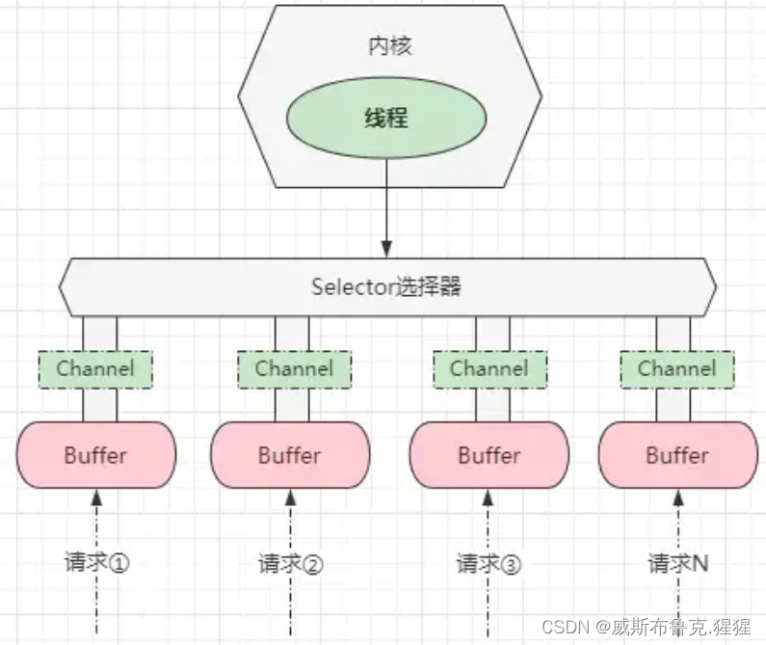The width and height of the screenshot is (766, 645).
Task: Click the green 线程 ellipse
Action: (386, 119)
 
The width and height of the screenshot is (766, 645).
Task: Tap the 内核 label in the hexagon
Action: (389, 46)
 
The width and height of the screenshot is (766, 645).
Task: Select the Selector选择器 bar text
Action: (386, 287)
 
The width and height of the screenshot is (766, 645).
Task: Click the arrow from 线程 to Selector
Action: (386, 207)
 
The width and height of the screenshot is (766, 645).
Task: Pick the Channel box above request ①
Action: (95, 368)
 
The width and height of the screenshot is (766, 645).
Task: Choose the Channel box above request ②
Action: (294, 368)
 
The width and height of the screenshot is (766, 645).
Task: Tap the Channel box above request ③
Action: (489, 368)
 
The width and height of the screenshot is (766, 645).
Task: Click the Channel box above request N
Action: (676, 368)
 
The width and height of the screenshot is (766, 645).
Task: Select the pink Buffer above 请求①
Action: (96, 454)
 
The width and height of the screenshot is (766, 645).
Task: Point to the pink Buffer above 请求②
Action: (290, 454)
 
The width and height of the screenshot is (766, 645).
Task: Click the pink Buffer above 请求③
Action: (489, 454)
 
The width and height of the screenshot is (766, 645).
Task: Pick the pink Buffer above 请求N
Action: (677, 454)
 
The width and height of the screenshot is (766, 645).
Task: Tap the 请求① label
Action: (96, 562)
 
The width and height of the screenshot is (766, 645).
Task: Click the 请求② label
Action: (290, 563)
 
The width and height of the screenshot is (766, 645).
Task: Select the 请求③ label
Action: (489, 563)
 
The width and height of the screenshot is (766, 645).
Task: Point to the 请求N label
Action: (677, 562)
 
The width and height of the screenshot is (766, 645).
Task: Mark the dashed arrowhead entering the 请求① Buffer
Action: (96, 496)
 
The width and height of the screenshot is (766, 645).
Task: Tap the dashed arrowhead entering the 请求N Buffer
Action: (677, 496)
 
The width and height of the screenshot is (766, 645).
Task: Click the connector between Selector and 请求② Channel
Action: (292, 334)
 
